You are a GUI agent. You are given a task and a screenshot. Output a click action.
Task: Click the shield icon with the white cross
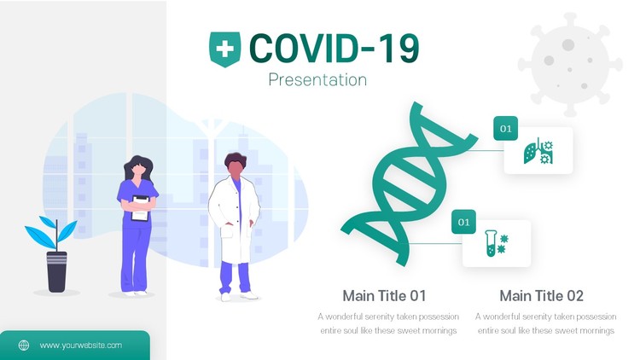225,49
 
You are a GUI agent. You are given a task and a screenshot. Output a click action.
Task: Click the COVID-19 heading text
334,49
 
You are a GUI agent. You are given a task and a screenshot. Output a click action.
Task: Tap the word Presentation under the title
317,79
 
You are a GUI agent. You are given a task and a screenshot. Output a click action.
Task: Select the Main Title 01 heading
384,295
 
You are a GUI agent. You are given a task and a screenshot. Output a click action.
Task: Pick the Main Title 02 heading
541,295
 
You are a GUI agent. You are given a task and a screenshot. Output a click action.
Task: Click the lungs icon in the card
538,151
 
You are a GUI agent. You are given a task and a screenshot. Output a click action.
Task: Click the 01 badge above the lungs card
506,129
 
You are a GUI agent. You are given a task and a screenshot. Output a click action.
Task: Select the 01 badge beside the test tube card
463,222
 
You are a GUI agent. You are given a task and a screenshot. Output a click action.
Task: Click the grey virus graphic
570,65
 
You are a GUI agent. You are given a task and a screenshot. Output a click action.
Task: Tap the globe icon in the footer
24,345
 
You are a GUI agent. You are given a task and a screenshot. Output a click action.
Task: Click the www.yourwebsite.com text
81,345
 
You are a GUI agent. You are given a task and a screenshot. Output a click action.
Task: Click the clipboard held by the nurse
141,208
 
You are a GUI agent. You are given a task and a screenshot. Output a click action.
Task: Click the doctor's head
236,165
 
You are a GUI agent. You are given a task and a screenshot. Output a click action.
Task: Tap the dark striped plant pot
56,272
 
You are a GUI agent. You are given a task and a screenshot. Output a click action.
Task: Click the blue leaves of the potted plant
51,233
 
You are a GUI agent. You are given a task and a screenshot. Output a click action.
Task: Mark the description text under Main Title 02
546,323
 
